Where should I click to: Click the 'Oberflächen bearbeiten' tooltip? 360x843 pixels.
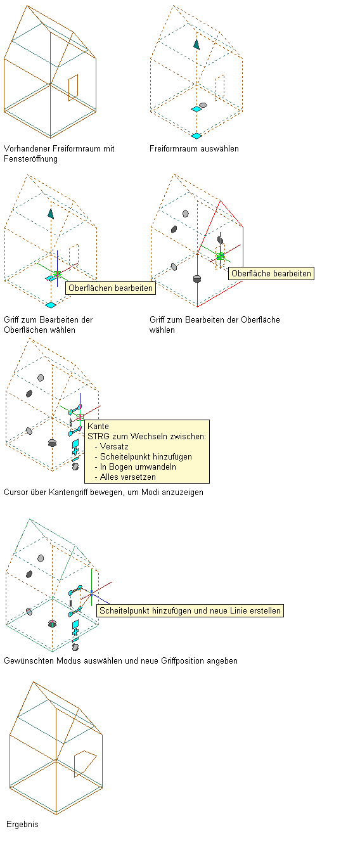110,288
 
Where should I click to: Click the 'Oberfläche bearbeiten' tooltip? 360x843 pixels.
271,274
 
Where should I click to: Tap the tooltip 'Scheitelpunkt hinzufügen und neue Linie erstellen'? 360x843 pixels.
190,610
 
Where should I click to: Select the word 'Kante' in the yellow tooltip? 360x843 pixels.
98,427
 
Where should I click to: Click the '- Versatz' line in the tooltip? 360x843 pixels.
112,447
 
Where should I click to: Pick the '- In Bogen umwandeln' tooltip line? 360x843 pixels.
136,467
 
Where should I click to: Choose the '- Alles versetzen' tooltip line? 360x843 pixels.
125,477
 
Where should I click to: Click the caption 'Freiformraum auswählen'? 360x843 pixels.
194,149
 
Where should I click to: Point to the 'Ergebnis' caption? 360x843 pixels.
22,824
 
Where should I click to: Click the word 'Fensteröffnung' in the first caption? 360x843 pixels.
31,159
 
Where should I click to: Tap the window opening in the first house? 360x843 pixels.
73,87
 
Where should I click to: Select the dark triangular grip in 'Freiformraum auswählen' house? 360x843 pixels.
196,44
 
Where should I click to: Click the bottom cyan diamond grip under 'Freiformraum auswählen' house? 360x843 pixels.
196,136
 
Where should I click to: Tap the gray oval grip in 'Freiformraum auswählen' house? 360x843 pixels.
203,105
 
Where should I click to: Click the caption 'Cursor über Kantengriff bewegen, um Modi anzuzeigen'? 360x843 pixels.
103,492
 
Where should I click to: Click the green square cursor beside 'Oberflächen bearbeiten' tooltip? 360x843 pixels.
57,274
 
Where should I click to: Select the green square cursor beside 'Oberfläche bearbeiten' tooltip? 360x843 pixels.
221,256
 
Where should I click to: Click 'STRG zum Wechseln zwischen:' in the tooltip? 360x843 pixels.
146,437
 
